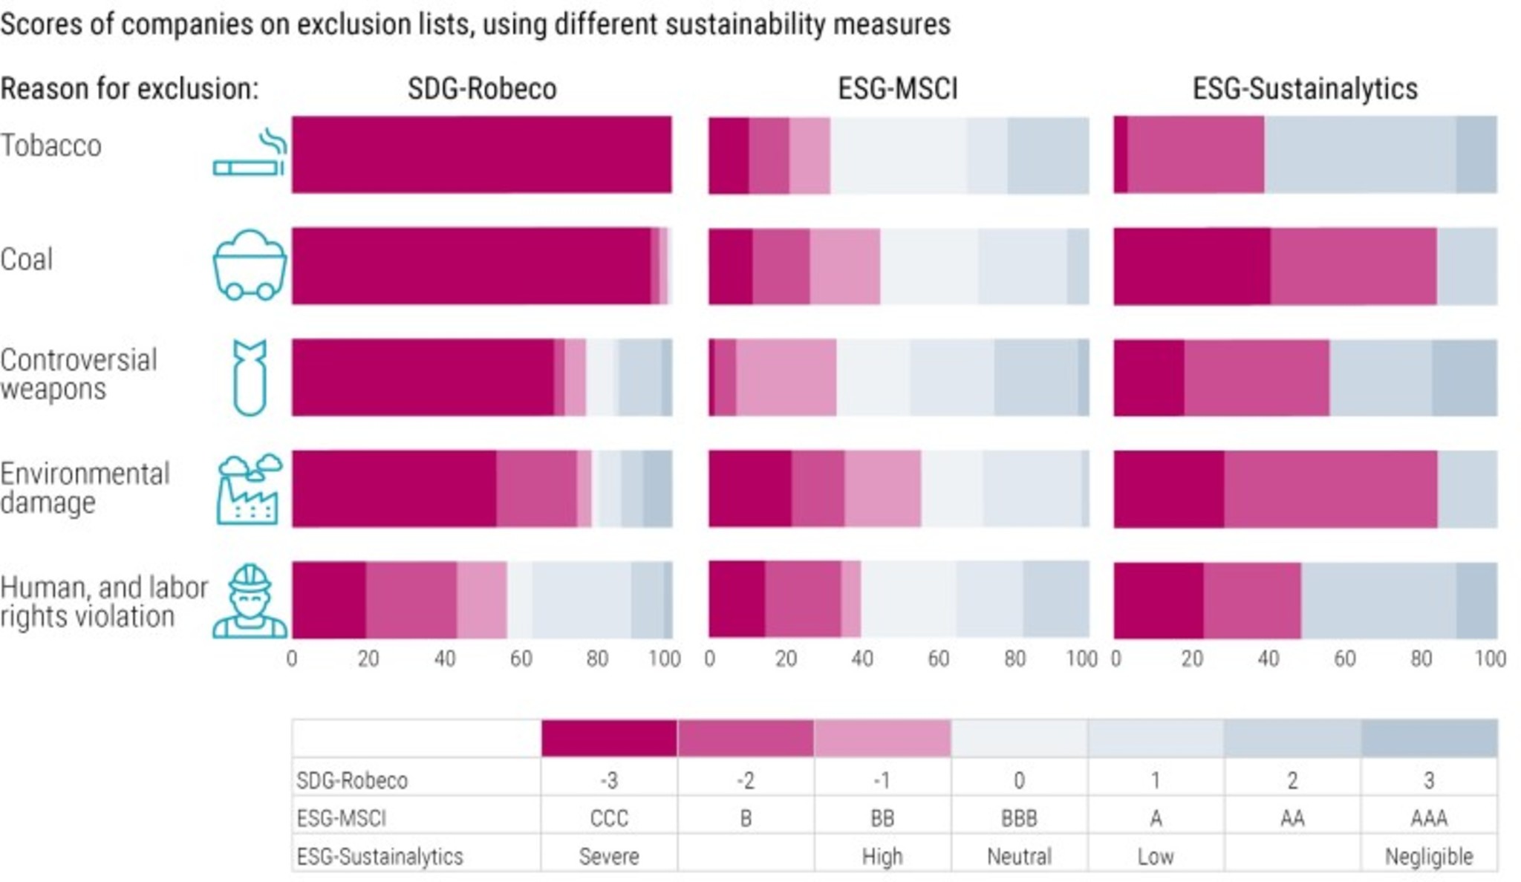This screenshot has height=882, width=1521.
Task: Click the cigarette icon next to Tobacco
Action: point(250,154)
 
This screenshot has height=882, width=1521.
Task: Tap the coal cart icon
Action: point(250,265)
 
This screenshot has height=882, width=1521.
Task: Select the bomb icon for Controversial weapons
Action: point(250,377)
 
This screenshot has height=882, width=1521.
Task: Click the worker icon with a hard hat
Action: point(250,601)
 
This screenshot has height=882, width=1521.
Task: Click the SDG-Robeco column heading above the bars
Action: point(482,89)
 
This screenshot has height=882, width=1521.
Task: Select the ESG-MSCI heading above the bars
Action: point(898,89)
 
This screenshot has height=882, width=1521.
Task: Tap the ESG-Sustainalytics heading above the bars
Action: point(1305,89)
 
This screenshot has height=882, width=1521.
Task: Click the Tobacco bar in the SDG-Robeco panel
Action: point(481,154)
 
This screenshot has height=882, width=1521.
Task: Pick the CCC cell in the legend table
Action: point(609,818)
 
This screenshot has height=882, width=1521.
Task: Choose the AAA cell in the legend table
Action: point(1429,818)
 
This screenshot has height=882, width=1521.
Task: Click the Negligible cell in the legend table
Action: point(1429,857)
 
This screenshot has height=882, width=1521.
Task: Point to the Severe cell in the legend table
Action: point(609,857)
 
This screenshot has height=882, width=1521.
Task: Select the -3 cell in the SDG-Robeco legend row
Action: point(609,780)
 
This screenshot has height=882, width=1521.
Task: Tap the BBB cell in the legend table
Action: point(1019,818)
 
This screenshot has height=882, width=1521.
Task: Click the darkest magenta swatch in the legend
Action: point(609,738)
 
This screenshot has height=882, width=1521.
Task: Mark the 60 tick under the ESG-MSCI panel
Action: point(938,659)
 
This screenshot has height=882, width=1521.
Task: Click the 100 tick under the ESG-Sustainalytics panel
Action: point(1490,659)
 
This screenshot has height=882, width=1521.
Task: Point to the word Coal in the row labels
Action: point(27,260)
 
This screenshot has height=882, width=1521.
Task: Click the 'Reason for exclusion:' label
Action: point(129,89)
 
